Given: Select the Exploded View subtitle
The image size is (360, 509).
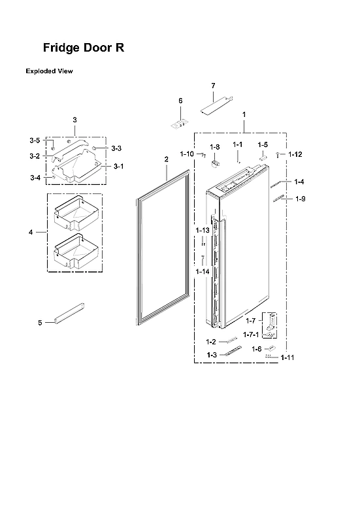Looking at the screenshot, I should pos(49,71).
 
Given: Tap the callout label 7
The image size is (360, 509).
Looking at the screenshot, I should pos(213,86).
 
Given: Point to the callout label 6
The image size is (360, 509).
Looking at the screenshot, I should pos(180,101).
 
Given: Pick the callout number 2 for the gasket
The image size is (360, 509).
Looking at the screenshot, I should pos(166,159).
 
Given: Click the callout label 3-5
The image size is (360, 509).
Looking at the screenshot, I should pos(35,140).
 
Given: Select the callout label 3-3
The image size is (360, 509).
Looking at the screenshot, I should pos(116,148).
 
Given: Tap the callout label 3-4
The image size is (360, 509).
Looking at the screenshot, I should pos(35,178).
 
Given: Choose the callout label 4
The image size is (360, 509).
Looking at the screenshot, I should pos(31,231).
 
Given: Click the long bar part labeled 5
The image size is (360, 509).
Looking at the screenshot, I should pos(69,314).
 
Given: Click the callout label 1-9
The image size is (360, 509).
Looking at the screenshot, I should pos(300,199).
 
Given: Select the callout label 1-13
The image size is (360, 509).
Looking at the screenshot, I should pos(202,231).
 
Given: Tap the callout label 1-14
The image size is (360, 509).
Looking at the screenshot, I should pos(202,271).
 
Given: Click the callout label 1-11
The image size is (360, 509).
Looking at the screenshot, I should pos(287,357).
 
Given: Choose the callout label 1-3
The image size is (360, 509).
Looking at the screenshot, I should pos(211,354).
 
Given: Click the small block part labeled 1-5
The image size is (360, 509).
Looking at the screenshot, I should pos(262,157).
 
